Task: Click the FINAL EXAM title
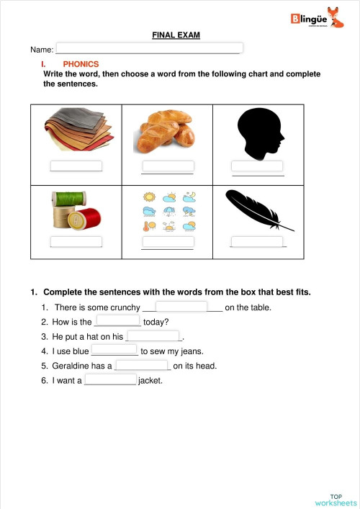click(176, 35)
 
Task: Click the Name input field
click(148, 49)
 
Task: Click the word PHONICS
click(81, 64)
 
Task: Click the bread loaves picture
click(166, 132)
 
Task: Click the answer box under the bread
click(167, 167)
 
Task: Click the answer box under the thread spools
click(76, 242)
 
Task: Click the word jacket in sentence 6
click(150, 380)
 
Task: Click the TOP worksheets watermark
click(336, 500)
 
